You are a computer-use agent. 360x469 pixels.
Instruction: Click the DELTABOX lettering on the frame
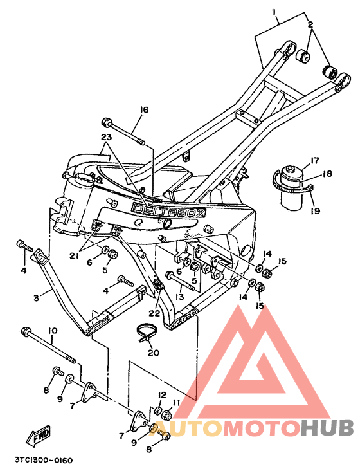[x=170, y=209]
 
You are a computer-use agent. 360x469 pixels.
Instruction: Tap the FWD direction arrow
[x=39, y=435]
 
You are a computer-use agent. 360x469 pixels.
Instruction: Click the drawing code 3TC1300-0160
[x=44, y=461]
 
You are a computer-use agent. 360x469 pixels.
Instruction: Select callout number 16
[x=144, y=110]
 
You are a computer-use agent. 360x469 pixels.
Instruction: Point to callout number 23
[x=106, y=137]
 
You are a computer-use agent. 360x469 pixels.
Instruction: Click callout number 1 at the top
[x=274, y=13]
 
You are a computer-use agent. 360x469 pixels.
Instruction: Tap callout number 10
[x=53, y=331]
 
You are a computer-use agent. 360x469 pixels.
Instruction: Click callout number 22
[x=155, y=313]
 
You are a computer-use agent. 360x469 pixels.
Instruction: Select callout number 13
[x=180, y=297]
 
